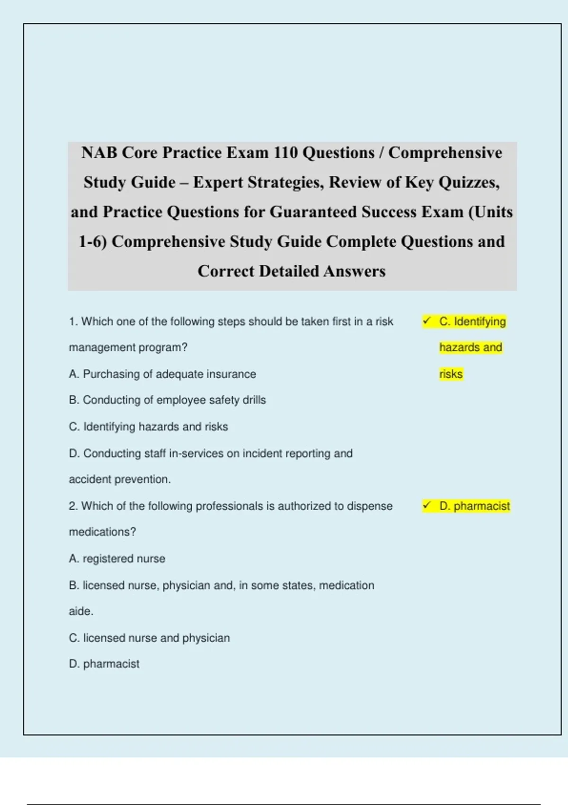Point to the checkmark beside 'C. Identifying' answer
[x=427, y=321]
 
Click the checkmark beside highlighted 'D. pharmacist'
[x=427, y=506]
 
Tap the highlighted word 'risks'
[x=451, y=374]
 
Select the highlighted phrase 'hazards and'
[x=470, y=348]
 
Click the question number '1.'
[x=73, y=322]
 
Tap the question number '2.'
[x=73, y=506]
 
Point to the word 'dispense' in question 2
[x=370, y=506]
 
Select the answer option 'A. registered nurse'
[x=117, y=559]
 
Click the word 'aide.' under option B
[x=81, y=611]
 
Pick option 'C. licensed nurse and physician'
[x=149, y=638]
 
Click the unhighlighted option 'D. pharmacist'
[x=104, y=664]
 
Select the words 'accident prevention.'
[x=120, y=479]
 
